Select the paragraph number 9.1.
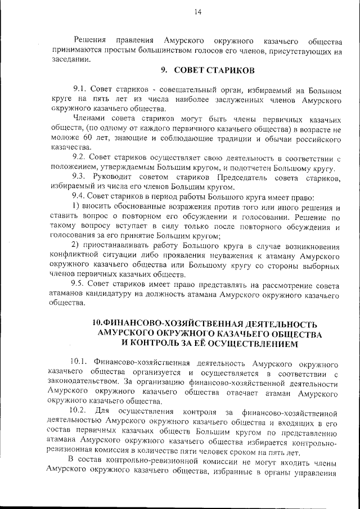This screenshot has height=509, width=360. pyautogui.click(x=81, y=89)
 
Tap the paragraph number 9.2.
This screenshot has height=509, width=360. pyautogui.click(x=81, y=159)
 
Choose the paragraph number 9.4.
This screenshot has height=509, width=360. pyautogui.click(x=81, y=196)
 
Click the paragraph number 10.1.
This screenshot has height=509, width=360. pyautogui.click(x=79, y=360)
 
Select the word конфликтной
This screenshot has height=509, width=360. pyautogui.click(x=74, y=255)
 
